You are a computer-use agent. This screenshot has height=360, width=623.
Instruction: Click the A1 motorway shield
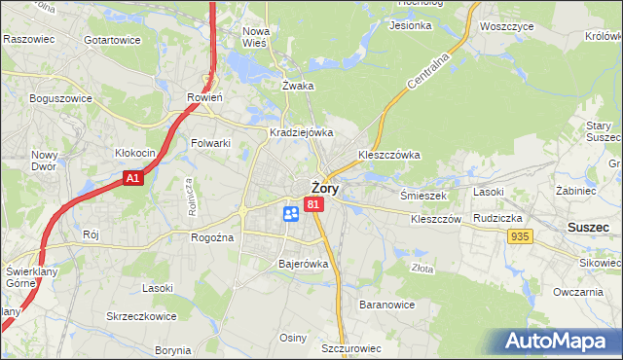point(134,179)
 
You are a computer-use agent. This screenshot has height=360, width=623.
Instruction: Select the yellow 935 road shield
point(519,236)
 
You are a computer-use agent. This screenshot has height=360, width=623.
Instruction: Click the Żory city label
point(324,189)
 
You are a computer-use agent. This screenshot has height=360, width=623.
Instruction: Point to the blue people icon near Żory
point(290,213)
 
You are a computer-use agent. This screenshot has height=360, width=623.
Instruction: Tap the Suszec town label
point(589,226)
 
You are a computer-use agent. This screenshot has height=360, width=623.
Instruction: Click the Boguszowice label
point(60,98)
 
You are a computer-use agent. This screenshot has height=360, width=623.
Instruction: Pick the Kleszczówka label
point(388,154)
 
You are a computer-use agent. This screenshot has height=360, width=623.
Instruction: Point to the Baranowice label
point(387,305)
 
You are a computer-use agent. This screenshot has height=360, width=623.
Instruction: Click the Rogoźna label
point(211,237)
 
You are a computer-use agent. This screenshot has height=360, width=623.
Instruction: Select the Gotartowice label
point(113,40)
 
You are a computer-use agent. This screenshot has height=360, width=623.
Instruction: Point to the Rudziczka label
point(499,218)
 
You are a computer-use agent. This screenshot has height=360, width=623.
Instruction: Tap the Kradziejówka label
point(302,132)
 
